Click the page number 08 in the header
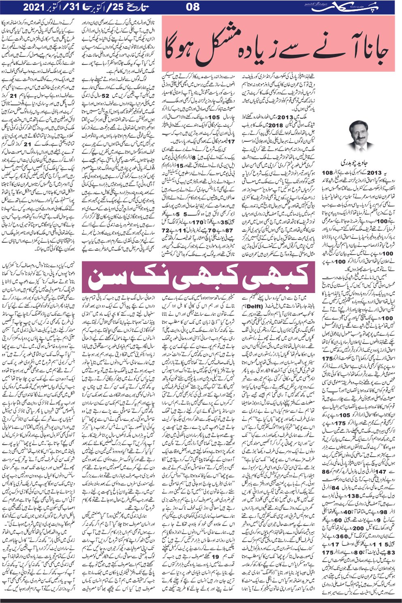click(x=194, y=7)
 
